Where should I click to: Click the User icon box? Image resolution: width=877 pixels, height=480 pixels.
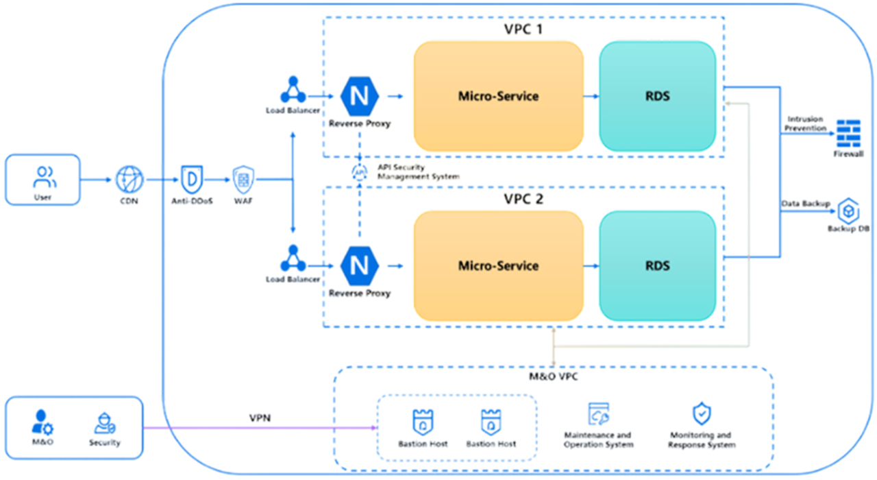pyautogui.click(x=42, y=180)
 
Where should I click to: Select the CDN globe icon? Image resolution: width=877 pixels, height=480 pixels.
pyautogui.click(x=127, y=180)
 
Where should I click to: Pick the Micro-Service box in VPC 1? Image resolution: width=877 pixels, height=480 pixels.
pyautogui.click(x=498, y=96)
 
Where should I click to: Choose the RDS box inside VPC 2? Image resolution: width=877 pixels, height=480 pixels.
pyautogui.click(x=657, y=265)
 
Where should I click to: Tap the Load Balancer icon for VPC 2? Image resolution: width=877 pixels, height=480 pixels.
pyautogui.click(x=293, y=259)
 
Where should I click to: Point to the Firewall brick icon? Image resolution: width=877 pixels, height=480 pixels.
pyautogui.click(x=848, y=132)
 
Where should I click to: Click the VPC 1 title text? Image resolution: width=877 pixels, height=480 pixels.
pyautogui.click(x=524, y=31)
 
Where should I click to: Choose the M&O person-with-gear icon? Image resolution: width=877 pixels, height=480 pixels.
pyautogui.click(x=42, y=422)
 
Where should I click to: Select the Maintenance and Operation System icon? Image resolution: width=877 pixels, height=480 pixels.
pyautogui.click(x=598, y=414)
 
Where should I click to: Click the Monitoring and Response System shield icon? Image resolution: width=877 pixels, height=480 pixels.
pyautogui.click(x=701, y=414)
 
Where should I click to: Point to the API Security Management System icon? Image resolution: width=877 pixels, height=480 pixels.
pyautogui.click(x=359, y=171)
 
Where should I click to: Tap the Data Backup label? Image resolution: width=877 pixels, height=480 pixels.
pyautogui.click(x=806, y=204)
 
